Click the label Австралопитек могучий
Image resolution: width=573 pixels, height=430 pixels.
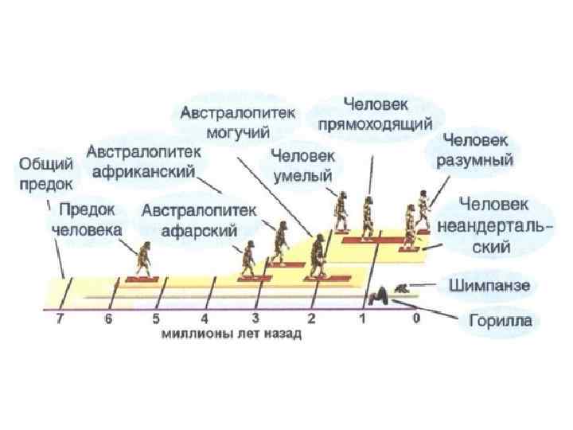tap(236, 121)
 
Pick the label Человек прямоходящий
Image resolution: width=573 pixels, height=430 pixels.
tap(375, 113)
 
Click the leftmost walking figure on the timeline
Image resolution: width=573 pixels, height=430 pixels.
tap(146, 257)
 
